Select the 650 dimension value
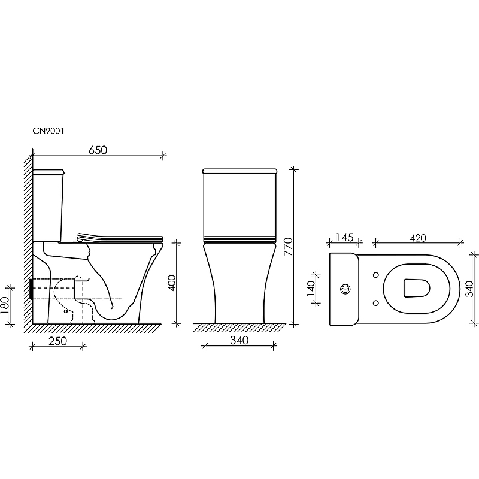98,150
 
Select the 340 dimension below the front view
238,340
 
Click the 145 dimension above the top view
344,238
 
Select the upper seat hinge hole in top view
375,275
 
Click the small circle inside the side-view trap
62,311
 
